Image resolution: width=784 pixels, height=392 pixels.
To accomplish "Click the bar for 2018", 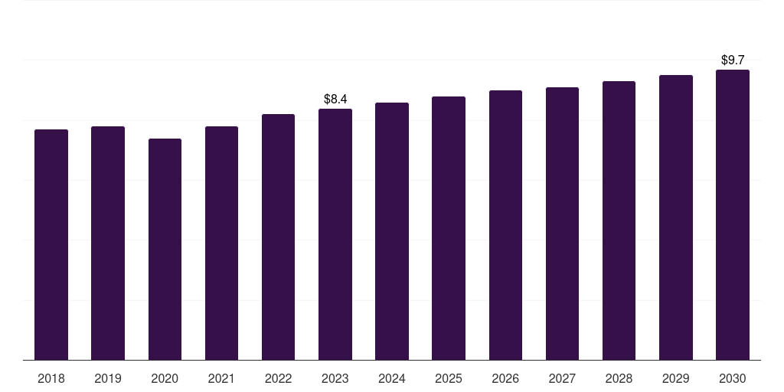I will (x=51, y=245).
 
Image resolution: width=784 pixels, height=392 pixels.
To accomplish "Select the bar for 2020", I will (x=165, y=250).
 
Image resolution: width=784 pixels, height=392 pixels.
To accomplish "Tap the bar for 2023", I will (x=335, y=234).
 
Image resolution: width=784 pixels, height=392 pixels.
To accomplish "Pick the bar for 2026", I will (x=505, y=225).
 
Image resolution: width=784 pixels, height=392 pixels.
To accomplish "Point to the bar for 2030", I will (x=733, y=215).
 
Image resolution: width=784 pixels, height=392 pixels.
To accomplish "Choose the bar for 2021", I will (x=221, y=243).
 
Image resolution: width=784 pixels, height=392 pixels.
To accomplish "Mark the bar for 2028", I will (x=619, y=220).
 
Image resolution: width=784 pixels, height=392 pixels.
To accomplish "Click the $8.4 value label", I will (x=335, y=99).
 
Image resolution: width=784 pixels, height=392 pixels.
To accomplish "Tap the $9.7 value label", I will (x=733, y=60).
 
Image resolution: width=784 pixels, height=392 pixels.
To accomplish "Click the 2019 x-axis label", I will (x=108, y=378).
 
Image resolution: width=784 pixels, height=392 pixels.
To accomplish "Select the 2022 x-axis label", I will (x=278, y=378).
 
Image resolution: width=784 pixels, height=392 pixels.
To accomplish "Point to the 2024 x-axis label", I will (x=392, y=378).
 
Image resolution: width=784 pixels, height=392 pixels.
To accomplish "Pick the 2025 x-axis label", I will (x=449, y=378).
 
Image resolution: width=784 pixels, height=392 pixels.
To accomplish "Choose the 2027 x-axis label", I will (x=562, y=378).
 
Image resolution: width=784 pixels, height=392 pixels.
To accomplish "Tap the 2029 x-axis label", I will (x=675, y=378).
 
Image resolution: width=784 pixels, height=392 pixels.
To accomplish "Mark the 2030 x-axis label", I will (x=733, y=378).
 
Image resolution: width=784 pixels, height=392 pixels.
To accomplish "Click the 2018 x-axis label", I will (x=51, y=378).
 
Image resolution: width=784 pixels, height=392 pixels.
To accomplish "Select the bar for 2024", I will (x=392, y=231).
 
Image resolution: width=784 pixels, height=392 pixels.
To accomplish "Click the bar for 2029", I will (x=675, y=217).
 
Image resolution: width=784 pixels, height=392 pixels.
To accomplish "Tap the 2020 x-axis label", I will (x=165, y=378).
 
